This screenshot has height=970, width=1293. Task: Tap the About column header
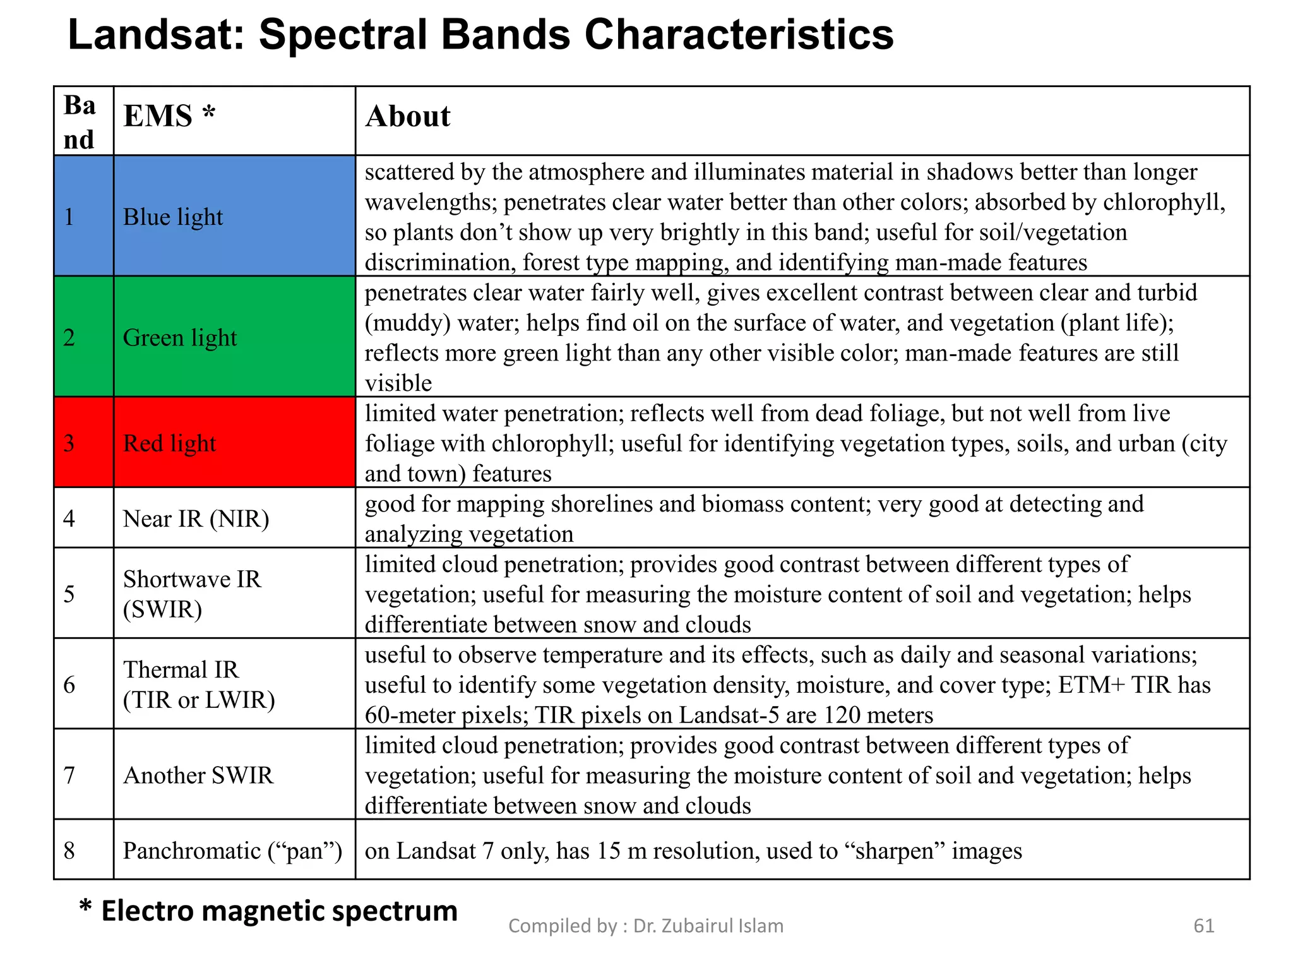(x=408, y=117)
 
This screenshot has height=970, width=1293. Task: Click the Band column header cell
(x=80, y=122)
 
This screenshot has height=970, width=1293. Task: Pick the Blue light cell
(x=173, y=217)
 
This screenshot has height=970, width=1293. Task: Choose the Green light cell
(x=180, y=338)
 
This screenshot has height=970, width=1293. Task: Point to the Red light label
(x=169, y=443)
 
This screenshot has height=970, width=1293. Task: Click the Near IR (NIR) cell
(x=196, y=518)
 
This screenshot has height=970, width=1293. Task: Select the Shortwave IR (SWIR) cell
(x=191, y=594)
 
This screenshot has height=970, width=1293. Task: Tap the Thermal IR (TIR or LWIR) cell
(x=199, y=685)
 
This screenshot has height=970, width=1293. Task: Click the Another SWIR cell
(x=198, y=775)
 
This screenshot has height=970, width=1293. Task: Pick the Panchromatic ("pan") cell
(x=232, y=851)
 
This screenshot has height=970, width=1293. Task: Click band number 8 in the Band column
(x=69, y=851)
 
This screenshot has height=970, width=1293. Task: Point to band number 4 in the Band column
(x=69, y=518)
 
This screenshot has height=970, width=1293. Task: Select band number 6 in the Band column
(x=69, y=685)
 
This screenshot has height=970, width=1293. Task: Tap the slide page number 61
(x=1203, y=926)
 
